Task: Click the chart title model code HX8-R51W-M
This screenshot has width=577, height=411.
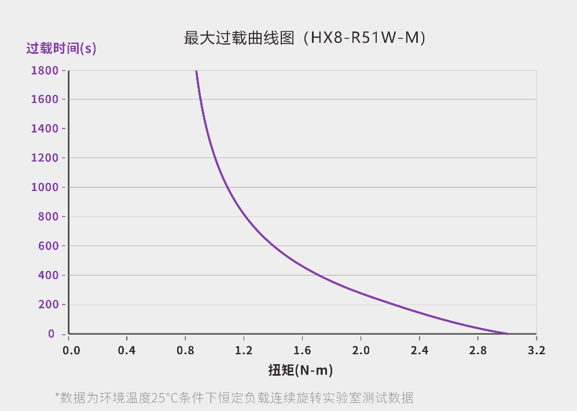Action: click(x=363, y=39)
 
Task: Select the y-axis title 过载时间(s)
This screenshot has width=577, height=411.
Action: click(x=61, y=48)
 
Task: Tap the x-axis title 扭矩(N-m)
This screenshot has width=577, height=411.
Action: click(x=300, y=369)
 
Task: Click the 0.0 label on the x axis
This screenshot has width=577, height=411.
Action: click(x=70, y=350)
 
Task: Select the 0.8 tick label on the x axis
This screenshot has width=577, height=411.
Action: click(x=185, y=350)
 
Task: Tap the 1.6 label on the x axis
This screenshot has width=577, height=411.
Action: click(x=302, y=350)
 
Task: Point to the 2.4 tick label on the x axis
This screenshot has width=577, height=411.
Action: click(x=419, y=350)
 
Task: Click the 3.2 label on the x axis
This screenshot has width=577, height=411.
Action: click(x=536, y=350)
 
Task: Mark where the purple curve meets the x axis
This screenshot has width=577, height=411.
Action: click(x=507, y=334)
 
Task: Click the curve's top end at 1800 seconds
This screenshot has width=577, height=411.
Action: click(x=196, y=71)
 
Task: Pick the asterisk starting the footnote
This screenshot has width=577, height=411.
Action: click(x=57, y=396)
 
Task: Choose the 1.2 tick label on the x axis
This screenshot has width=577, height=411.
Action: click(x=244, y=350)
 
